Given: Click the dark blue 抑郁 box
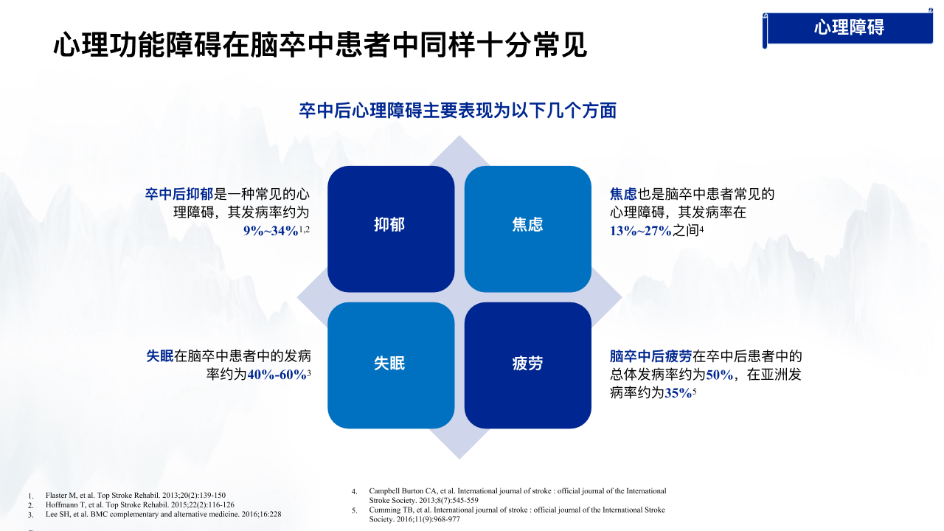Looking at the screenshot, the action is click(391, 229).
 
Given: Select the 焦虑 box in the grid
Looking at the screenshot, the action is click(527, 229).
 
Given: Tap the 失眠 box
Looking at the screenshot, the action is click(391, 365).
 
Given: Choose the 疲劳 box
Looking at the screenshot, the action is click(527, 365).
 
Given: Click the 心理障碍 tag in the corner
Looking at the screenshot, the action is click(848, 28).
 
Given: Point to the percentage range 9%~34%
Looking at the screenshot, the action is click(271, 231).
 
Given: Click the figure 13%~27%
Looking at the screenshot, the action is click(641, 231).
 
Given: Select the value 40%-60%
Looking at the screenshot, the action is click(277, 375).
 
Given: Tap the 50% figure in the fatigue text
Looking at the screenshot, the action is click(719, 375).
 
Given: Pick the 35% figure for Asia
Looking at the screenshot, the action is click(678, 393).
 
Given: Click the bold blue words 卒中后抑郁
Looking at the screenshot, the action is click(179, 194).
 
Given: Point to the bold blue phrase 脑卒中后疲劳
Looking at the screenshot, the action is click(650, 356).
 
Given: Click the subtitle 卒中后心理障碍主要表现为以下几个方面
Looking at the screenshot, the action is click(458, 111).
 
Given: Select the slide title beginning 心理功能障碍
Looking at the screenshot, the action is click(320, 45).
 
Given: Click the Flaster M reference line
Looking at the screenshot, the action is click(136, 495).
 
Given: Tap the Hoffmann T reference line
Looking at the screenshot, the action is click(140, 505).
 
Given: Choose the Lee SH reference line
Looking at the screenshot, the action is click(164, 515).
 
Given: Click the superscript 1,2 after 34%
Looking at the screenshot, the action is click(305, 229).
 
